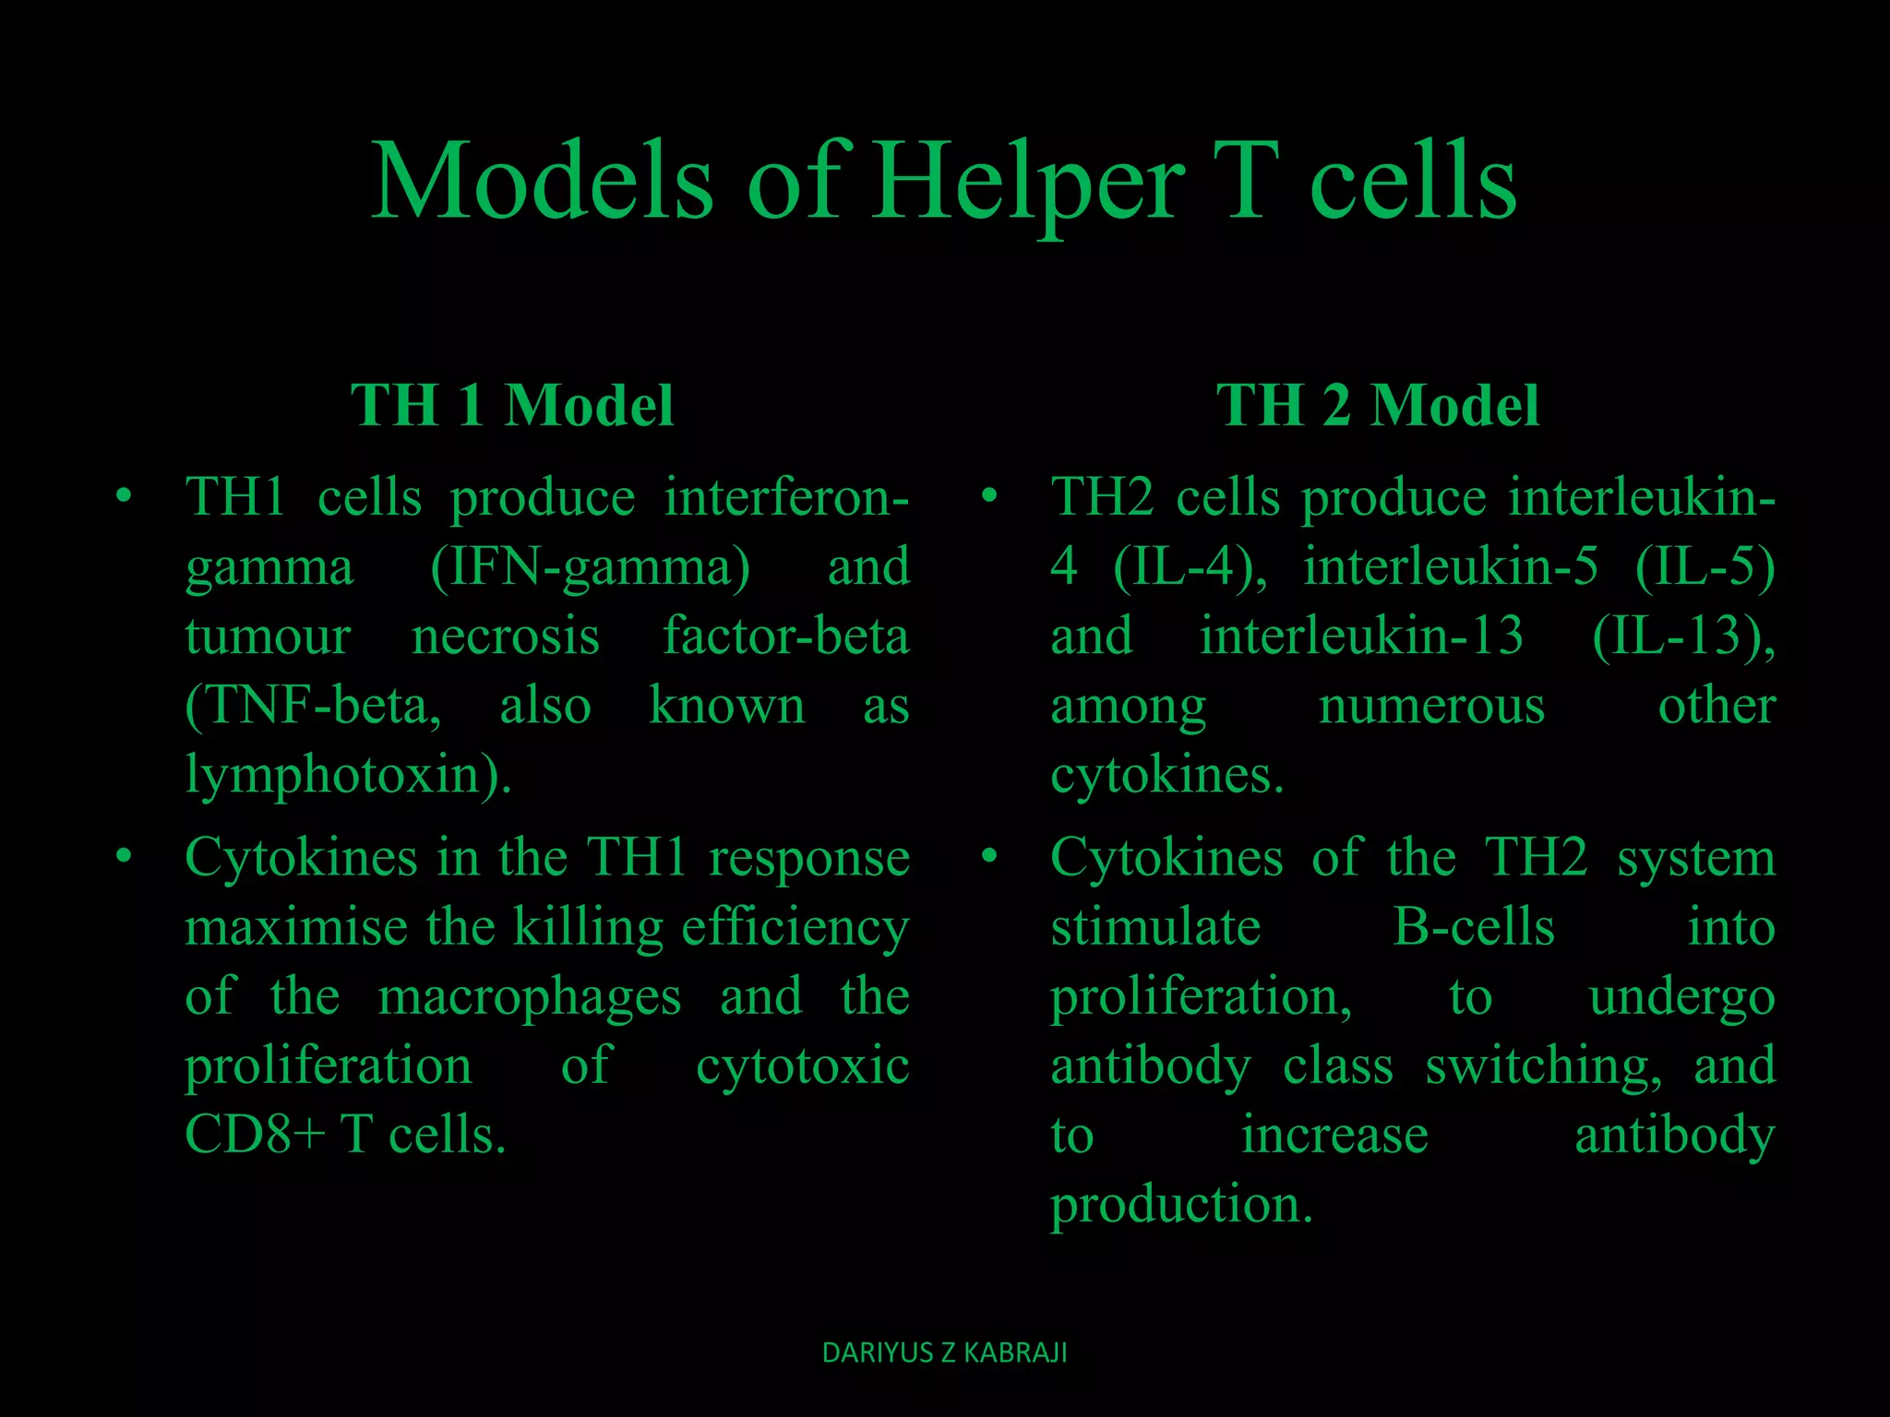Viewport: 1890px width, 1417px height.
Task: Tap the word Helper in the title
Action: coord(1028,183)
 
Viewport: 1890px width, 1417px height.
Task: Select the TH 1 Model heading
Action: coord(512,405)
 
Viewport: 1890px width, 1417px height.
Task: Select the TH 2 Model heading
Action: coord(1378,405)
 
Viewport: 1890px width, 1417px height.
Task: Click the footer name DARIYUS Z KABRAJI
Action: coord(944,1352)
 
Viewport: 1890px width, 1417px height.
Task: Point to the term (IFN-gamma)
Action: coord(591,566)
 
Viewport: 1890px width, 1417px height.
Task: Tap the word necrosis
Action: coord(505,636)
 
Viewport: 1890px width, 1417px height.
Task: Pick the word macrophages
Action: coord(530,997)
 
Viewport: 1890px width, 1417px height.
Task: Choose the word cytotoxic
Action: coord(802,1066)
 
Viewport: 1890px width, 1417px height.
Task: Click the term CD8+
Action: coord(255,1134)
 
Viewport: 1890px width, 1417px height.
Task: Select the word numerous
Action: coord(1431,706)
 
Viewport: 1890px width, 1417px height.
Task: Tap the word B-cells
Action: coord(1473,927)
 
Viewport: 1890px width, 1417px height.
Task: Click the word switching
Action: coord(1543,1066)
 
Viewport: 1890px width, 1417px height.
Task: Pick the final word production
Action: coord(1180,1205)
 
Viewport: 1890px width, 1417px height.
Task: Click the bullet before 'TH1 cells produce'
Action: coord(124,497)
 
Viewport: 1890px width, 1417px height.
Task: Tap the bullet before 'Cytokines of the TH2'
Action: coord(989,857)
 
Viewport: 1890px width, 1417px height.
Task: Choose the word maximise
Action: coord(295,927)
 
